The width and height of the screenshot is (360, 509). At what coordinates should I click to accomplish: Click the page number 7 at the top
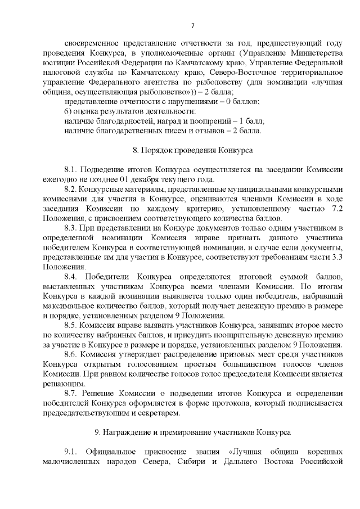click(193, 25)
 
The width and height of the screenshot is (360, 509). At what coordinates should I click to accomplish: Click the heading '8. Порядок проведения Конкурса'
click(192, 151)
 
